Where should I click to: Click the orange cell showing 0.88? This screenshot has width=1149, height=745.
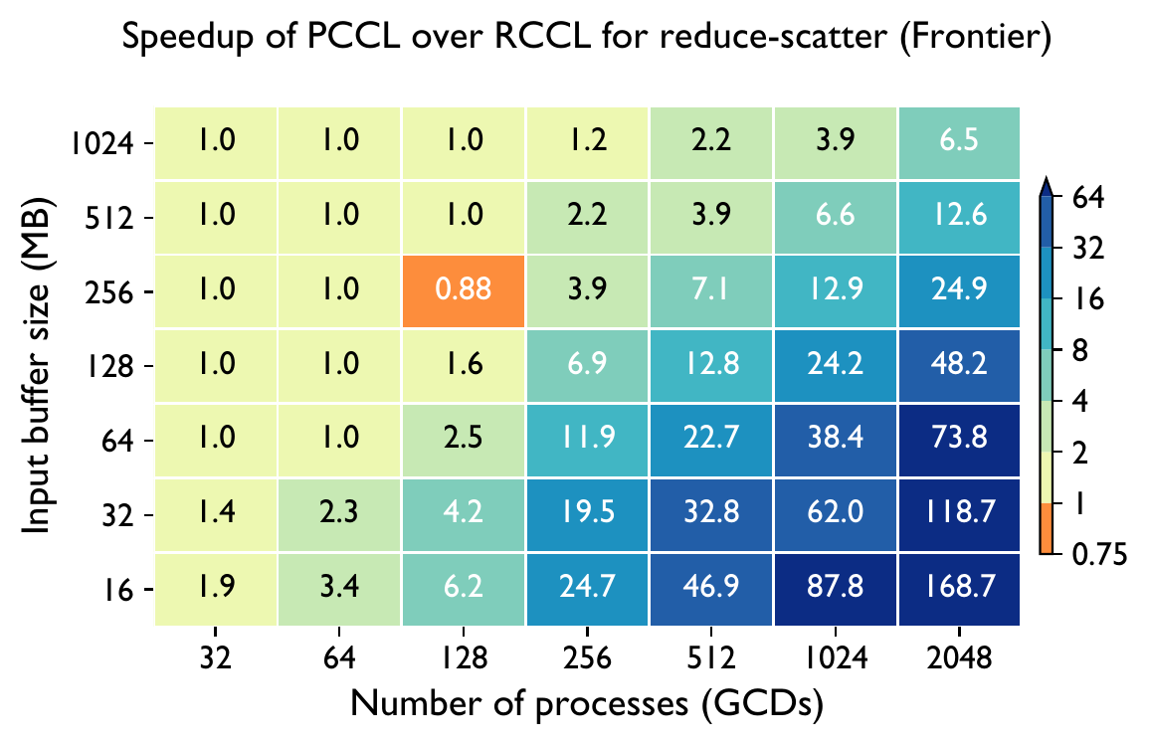click(464, 291)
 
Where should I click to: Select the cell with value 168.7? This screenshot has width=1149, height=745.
click(959, 589)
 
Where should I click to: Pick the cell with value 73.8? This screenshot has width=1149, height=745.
click(959, 440)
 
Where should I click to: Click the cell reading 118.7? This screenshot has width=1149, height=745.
click(959, 514)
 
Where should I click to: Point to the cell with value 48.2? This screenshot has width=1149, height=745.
click(959, 365)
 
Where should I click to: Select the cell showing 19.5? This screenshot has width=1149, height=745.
click(588, 514)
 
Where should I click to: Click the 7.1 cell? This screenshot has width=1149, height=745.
click(711, 291)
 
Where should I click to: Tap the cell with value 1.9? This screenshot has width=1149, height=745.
click(216, 589)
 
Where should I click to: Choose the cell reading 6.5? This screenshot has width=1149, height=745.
click(959, 142)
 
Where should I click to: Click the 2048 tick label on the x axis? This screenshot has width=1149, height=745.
click(959, 659)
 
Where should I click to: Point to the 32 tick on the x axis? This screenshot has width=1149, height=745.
click(216, 659)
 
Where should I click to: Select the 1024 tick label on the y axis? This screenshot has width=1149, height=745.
click(105, 143)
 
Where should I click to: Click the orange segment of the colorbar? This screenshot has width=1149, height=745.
click(1047, 529)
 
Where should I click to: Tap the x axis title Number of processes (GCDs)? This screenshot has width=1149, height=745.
click(588, 706)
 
